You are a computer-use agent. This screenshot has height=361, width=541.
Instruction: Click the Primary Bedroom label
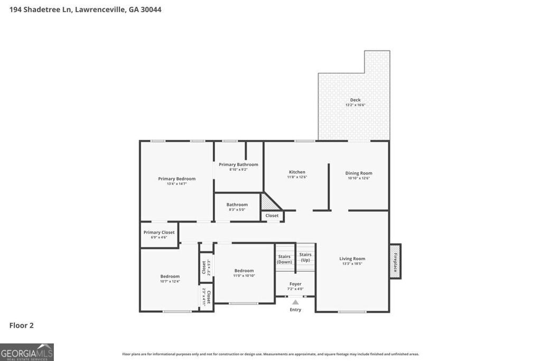point(176,179)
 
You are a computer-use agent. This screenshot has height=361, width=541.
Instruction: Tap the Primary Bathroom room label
point(238,164)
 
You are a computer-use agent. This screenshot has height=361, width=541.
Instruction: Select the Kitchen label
point(297,172)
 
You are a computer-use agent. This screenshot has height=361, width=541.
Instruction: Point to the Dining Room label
point(359,173)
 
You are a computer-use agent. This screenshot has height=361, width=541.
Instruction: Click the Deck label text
point(355,100)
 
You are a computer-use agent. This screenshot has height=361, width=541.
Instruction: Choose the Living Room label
point(352,258)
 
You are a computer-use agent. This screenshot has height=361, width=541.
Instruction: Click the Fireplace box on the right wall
point(395,261)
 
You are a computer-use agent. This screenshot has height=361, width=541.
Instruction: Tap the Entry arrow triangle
point(295,302)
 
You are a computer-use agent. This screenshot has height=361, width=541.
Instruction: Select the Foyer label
point(295,284)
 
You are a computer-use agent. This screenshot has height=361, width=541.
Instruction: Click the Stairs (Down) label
point(284,259)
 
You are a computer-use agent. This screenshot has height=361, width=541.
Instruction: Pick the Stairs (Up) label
point(305,257)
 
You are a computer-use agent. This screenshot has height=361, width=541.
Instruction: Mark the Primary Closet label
point(159,232)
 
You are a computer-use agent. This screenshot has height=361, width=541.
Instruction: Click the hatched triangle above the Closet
point(267,202)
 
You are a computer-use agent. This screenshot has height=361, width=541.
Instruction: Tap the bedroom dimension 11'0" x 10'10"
point(244,275)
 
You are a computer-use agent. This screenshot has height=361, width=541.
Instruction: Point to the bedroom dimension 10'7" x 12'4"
point(170,281)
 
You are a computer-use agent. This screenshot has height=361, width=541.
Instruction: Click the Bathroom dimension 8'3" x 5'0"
point(237,209)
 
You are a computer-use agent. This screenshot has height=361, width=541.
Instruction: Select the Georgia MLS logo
point(27,352)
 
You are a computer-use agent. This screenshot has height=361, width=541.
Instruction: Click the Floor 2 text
point(21,326)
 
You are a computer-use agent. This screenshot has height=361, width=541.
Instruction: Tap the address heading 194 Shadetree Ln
point(85,9)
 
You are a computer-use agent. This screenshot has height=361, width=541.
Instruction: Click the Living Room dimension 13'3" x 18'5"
point(352,263)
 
